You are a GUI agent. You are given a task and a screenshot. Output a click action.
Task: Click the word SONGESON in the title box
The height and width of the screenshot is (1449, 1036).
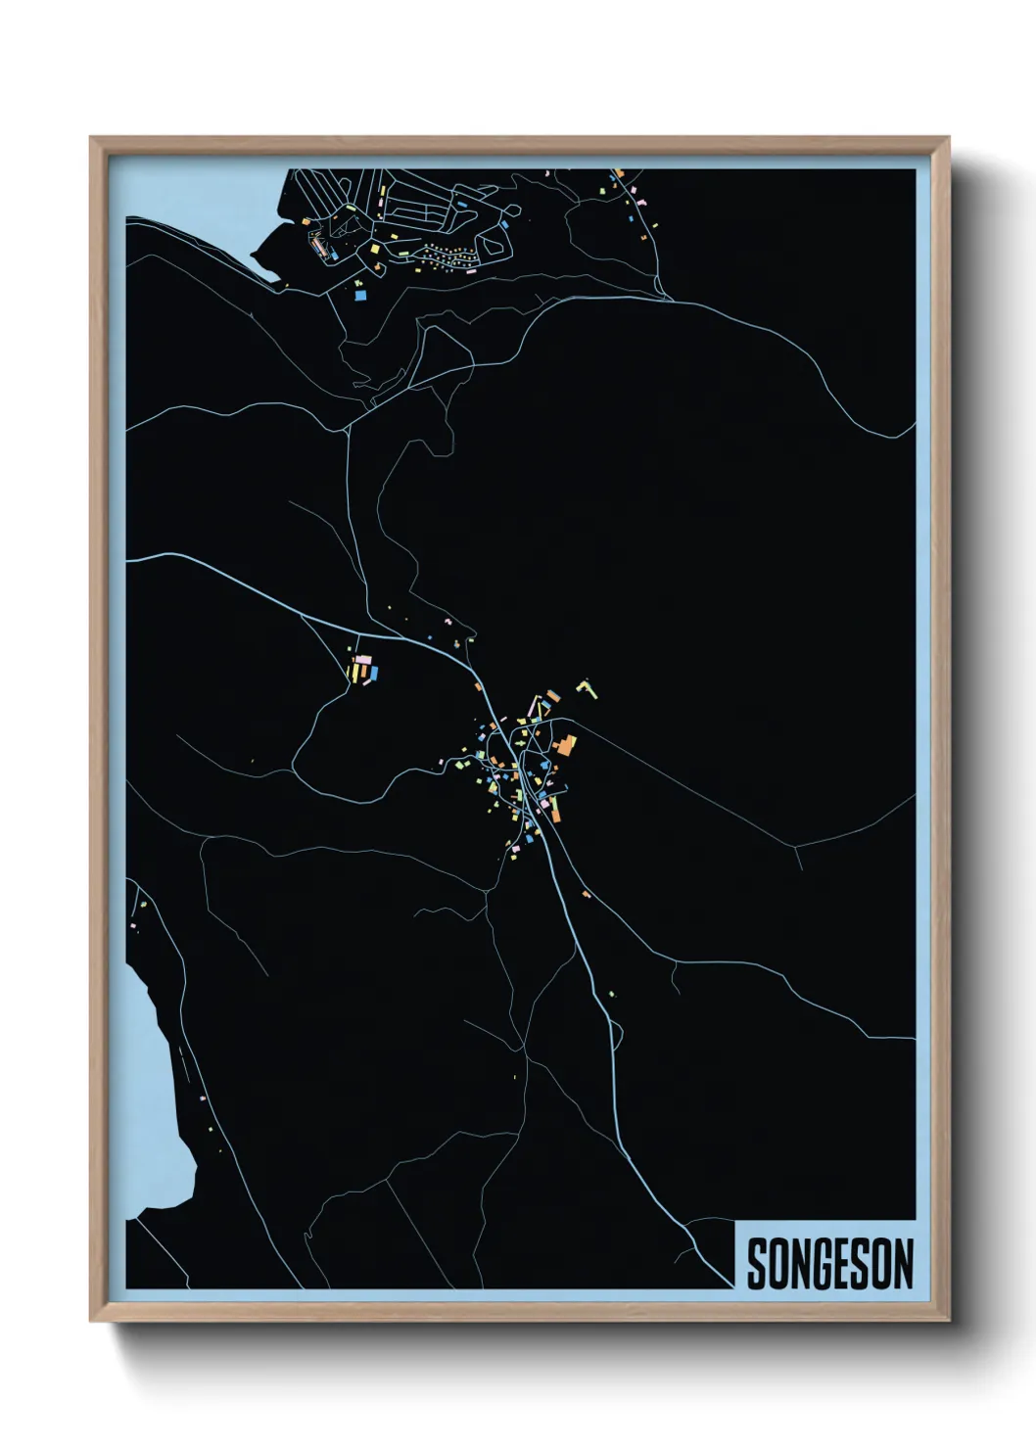point(829,1264)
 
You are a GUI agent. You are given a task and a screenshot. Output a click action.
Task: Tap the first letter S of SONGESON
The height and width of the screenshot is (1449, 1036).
point(757,1264)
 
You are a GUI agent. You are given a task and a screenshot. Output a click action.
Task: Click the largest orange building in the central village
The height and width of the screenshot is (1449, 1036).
point(565,747)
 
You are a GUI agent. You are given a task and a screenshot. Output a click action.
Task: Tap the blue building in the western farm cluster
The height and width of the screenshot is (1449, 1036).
point(372,674)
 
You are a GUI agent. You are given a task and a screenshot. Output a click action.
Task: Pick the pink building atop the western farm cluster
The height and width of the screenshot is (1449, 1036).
point(363,661)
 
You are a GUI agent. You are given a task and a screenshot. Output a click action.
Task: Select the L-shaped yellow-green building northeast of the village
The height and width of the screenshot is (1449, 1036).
point(588,687)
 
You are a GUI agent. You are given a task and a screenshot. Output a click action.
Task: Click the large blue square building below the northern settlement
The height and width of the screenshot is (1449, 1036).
point(359,294)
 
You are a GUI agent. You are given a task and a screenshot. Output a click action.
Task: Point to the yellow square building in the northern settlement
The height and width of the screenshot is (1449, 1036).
point(373,249)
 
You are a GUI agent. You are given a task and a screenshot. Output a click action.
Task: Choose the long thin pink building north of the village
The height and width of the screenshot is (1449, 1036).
point(535,707)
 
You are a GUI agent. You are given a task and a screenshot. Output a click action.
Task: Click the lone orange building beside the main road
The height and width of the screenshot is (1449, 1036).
point(586,894)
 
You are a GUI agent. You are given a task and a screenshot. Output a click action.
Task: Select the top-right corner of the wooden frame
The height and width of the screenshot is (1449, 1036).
point(948,138)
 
